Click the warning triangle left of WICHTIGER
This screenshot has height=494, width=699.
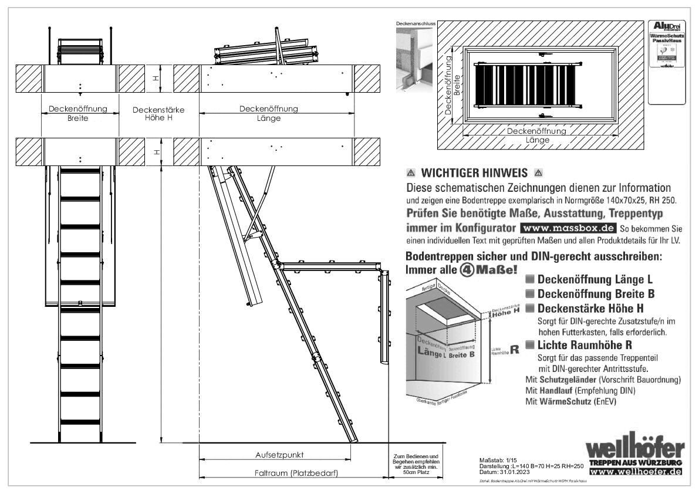point(411,174)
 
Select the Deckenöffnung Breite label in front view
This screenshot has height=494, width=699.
point(77,113)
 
